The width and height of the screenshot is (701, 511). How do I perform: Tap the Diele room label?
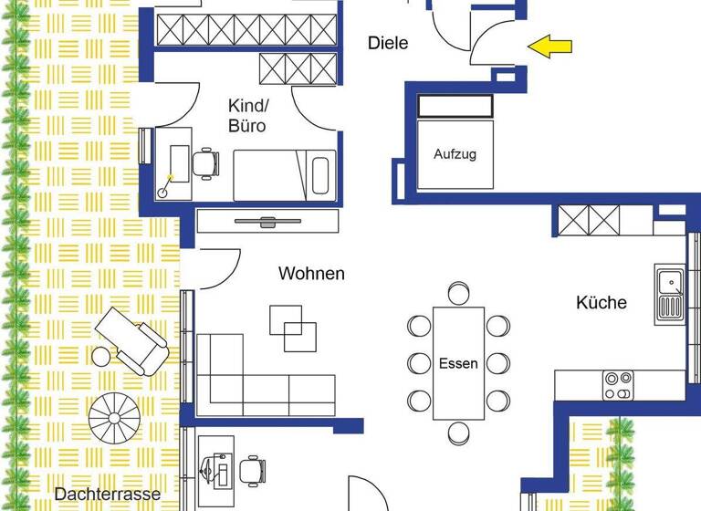pyautogui.click(x=388, y=42)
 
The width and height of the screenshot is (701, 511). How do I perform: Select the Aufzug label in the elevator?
pyautogui.click(x=454, y=154)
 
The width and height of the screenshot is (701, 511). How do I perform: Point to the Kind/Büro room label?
pyautogui.click(x=247, y=116)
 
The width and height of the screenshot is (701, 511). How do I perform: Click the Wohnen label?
pyautogui.click(x=311, y=273)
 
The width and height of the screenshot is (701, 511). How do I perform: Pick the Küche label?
pyautogui.click(x=602, y=302)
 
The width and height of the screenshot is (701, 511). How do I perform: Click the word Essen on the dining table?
pyautogui.click(x=458, y=363)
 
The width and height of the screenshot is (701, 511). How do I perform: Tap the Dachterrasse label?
pyautogui.click(x=107, y=494)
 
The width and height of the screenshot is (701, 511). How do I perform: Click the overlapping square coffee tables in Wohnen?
pyautogui.click(x=294, y=328)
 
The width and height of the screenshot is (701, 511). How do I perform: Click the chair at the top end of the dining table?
pyautogui.click(x=458, y=294)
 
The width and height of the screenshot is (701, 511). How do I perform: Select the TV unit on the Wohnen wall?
pyautogui.click(x=267, y=221)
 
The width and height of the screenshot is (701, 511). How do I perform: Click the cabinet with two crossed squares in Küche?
pyautogui.click(x=589, y=220)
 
